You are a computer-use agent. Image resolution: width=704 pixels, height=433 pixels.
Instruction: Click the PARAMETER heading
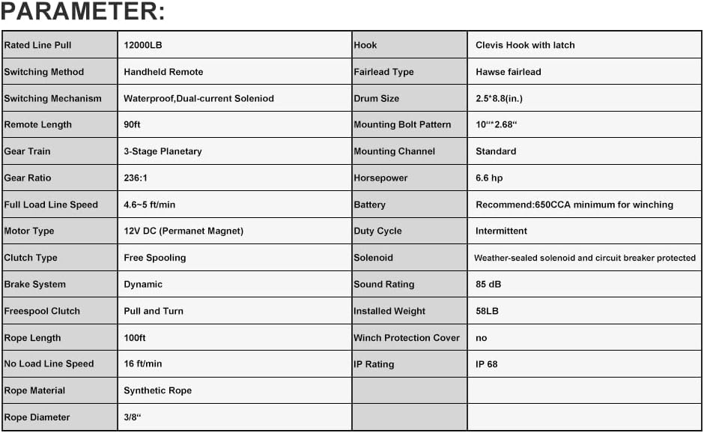click(82, 13)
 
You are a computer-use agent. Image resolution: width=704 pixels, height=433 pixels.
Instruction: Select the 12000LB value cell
click(143, 45)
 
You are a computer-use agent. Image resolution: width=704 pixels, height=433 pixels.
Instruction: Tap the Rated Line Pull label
click(38, 45)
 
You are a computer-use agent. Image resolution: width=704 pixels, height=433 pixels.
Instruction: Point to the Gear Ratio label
click(28, 178)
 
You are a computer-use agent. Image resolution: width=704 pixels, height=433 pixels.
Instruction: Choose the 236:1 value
click(136, 178)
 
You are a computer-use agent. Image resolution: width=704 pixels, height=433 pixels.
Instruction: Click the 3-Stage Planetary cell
click(163, 151)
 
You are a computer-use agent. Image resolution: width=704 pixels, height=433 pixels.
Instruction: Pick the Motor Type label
click(29, 231)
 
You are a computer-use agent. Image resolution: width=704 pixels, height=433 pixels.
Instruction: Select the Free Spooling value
click(154, 258)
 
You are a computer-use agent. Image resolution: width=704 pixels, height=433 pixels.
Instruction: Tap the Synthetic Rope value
click(157, 390)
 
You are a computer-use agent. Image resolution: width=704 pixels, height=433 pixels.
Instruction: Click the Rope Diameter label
click(37, 417)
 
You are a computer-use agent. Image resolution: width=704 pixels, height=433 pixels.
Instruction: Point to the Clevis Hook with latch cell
click(525, 45)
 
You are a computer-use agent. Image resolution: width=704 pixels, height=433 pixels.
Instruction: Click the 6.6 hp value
click(490, 178)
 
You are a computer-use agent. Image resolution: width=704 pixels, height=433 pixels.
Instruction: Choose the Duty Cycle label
click(377, 231)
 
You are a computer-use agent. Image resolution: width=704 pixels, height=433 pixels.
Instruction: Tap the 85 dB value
click(488, 285)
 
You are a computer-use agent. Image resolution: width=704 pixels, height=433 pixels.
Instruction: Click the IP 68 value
click(487, 364)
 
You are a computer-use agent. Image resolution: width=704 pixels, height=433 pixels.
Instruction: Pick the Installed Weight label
click(389, 311)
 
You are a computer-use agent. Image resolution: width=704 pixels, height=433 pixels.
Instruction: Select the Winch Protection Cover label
click(407, 338)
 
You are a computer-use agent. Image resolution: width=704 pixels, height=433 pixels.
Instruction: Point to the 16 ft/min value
click(142, 364)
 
